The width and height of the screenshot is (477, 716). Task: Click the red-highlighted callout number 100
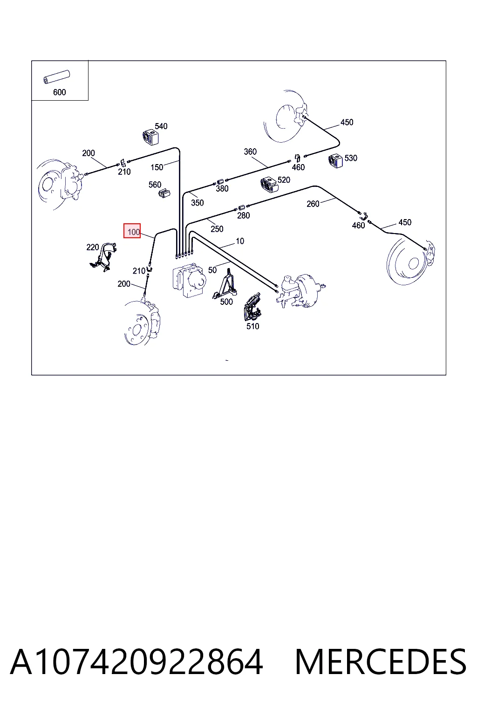[132, 231]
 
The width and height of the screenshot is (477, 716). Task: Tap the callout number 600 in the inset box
[60, 92]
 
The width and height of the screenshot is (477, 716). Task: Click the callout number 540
[161, 126]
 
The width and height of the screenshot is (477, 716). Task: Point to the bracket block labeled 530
[335, 161]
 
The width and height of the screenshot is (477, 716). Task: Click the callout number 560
[155, 185]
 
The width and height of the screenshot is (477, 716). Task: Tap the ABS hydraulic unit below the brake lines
[189, 279]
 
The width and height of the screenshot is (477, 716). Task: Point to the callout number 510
[253, 326]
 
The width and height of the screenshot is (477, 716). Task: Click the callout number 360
[250, 151]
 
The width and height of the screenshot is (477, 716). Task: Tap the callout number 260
[313, 204]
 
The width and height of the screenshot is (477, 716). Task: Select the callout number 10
[240, 241]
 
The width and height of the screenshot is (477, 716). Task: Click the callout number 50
[212, 270]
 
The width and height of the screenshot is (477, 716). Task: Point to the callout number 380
[222, 189]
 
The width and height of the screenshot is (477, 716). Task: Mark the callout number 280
[244, 216]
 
